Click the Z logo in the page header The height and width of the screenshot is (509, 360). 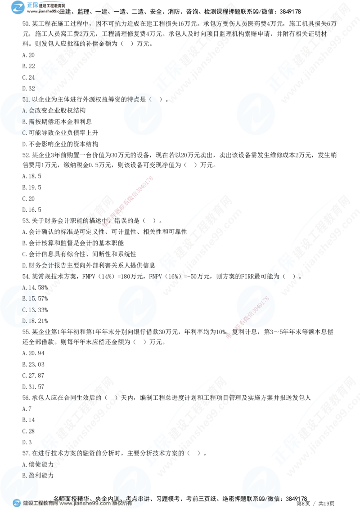pyautogui.click(x=18, y=7)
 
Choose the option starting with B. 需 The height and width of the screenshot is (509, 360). pyautogui.click(x=28, y=121)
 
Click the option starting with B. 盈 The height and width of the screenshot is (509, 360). pyautogui.click(x=30, y=475)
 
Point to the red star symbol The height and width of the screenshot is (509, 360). pyautogui.click(x=229, y=335)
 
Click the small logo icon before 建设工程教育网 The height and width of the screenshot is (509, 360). pyautogui.click(x=17, y=503)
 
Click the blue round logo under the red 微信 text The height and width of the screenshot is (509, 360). pyautogui.click(x=255, y=306)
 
